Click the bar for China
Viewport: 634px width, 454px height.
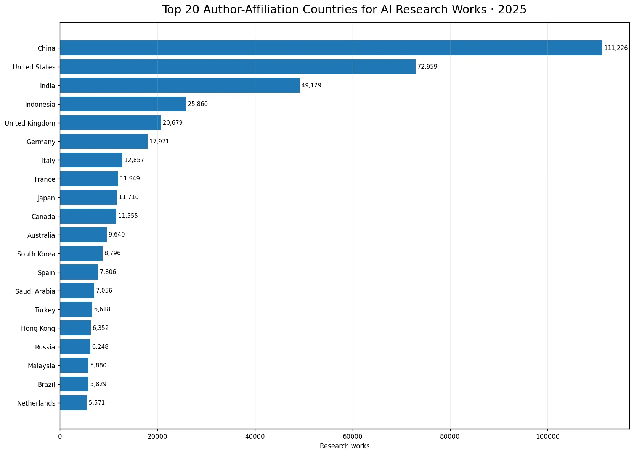point(331,48)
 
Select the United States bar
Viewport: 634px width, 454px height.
point(238,66)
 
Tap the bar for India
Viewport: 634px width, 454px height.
point(180,85)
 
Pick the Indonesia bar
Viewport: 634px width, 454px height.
point(123,104)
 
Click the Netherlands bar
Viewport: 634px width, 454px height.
point(74,403)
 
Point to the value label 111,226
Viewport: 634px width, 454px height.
point(616,48)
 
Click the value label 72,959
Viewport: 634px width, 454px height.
point(427,66)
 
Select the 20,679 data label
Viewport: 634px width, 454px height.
point(172,122)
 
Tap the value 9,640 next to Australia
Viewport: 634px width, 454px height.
point(117,235)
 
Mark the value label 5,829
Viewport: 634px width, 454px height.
point(98,384)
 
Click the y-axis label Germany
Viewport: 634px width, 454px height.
point(41,142)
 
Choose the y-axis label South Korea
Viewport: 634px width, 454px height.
point(36,254)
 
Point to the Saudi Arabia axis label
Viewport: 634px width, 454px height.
point(35,291)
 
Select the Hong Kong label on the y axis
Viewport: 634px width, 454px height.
point(38,328)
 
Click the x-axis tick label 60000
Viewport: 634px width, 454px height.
point(352,436)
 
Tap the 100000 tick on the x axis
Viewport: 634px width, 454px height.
point(548,436)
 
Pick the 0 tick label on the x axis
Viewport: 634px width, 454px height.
point(60,436)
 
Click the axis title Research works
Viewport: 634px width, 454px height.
point(345,446)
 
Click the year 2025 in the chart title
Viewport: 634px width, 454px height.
point(512,9)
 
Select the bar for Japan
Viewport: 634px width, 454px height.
point(88,197)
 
